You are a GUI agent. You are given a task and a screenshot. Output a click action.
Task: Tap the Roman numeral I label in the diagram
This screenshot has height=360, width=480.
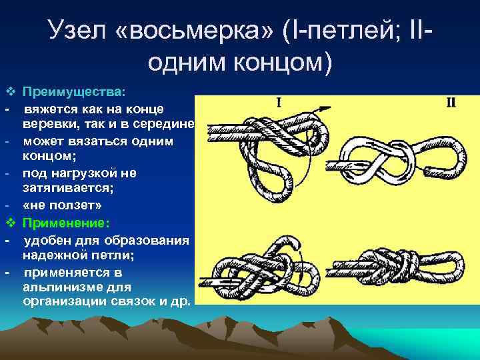[278, 103]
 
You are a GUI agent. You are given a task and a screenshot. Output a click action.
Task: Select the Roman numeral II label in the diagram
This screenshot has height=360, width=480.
[451, 102]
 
